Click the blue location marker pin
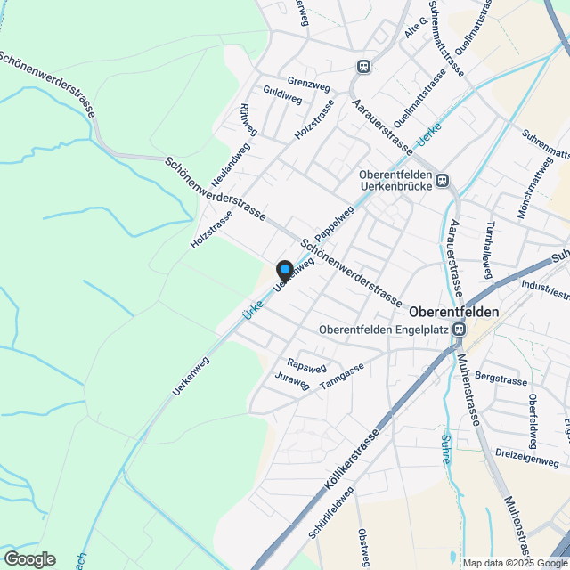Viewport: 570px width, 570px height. pyautogui.click(x=284, y=269)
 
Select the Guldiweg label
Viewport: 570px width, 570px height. pyautogui.click(x=281, y=96)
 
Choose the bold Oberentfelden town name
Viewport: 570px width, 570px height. pyautogui.click(x=453, y=313)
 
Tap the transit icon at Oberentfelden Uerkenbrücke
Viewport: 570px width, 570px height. pyautogui.click(x=442, y=183)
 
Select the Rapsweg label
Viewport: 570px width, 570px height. pyautogui.click(x=306, y=365)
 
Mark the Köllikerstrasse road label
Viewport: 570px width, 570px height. pyautogui.click(x=353, y=460)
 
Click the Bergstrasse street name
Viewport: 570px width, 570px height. pyautogui.click(x=501, y=378)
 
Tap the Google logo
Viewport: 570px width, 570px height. pyautogui.click(x=29, y=558)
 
